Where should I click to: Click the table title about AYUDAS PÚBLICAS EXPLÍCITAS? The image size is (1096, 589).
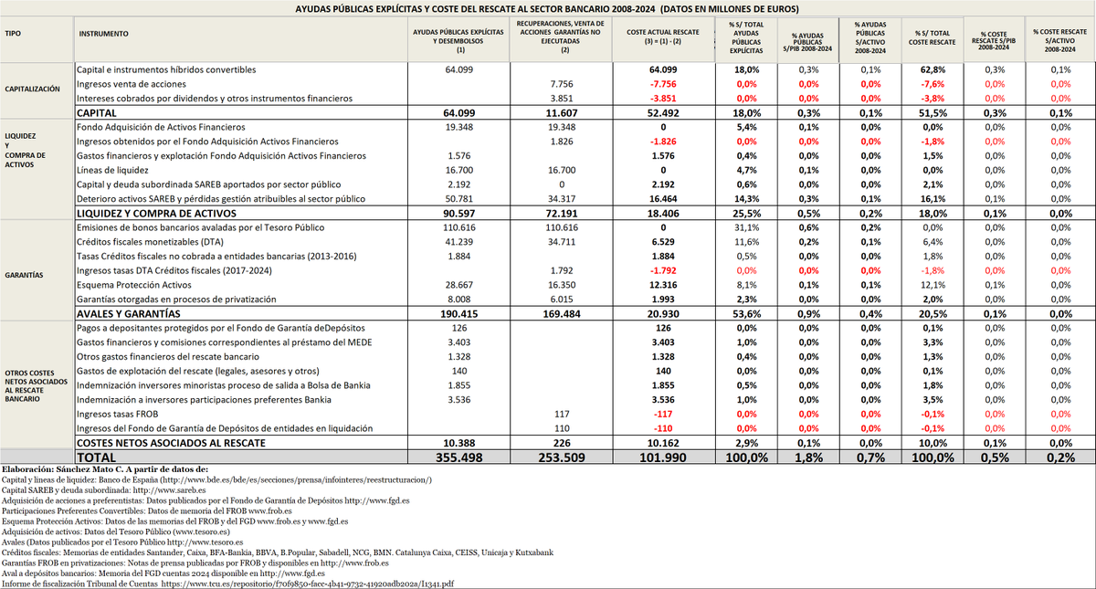pos(548,8)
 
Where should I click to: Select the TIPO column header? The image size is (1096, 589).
pos(14,34)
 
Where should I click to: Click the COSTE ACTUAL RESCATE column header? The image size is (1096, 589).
pos(662,34)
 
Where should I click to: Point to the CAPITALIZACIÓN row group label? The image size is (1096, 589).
pos(33,90)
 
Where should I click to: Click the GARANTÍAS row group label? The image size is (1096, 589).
pos(24,272)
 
